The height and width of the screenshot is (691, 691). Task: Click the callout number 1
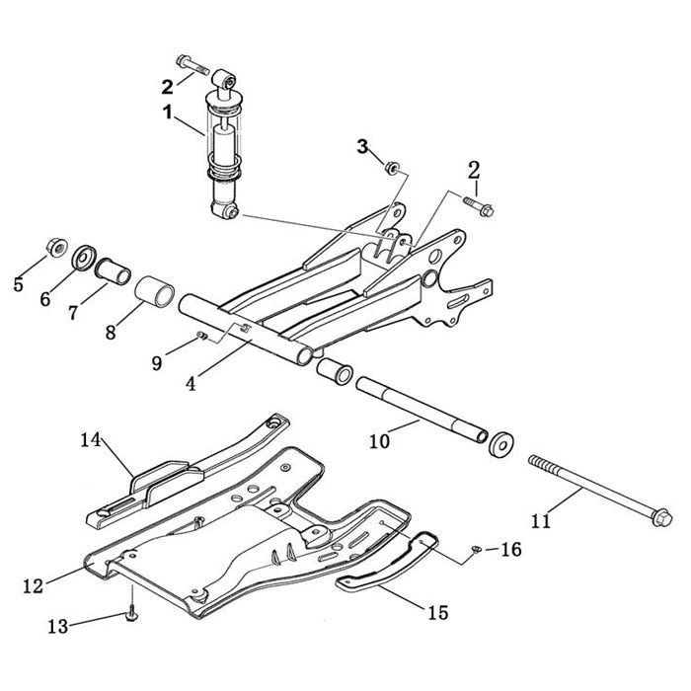pyautogui.click(x=169, y=113)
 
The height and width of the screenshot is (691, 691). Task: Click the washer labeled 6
pyautogui.click(x=85, y=258)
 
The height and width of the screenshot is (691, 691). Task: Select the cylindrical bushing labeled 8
pyautogui.click(x=155, y=294)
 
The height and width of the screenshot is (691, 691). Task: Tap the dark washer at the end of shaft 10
pyautogui.click(x=501, y=442)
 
